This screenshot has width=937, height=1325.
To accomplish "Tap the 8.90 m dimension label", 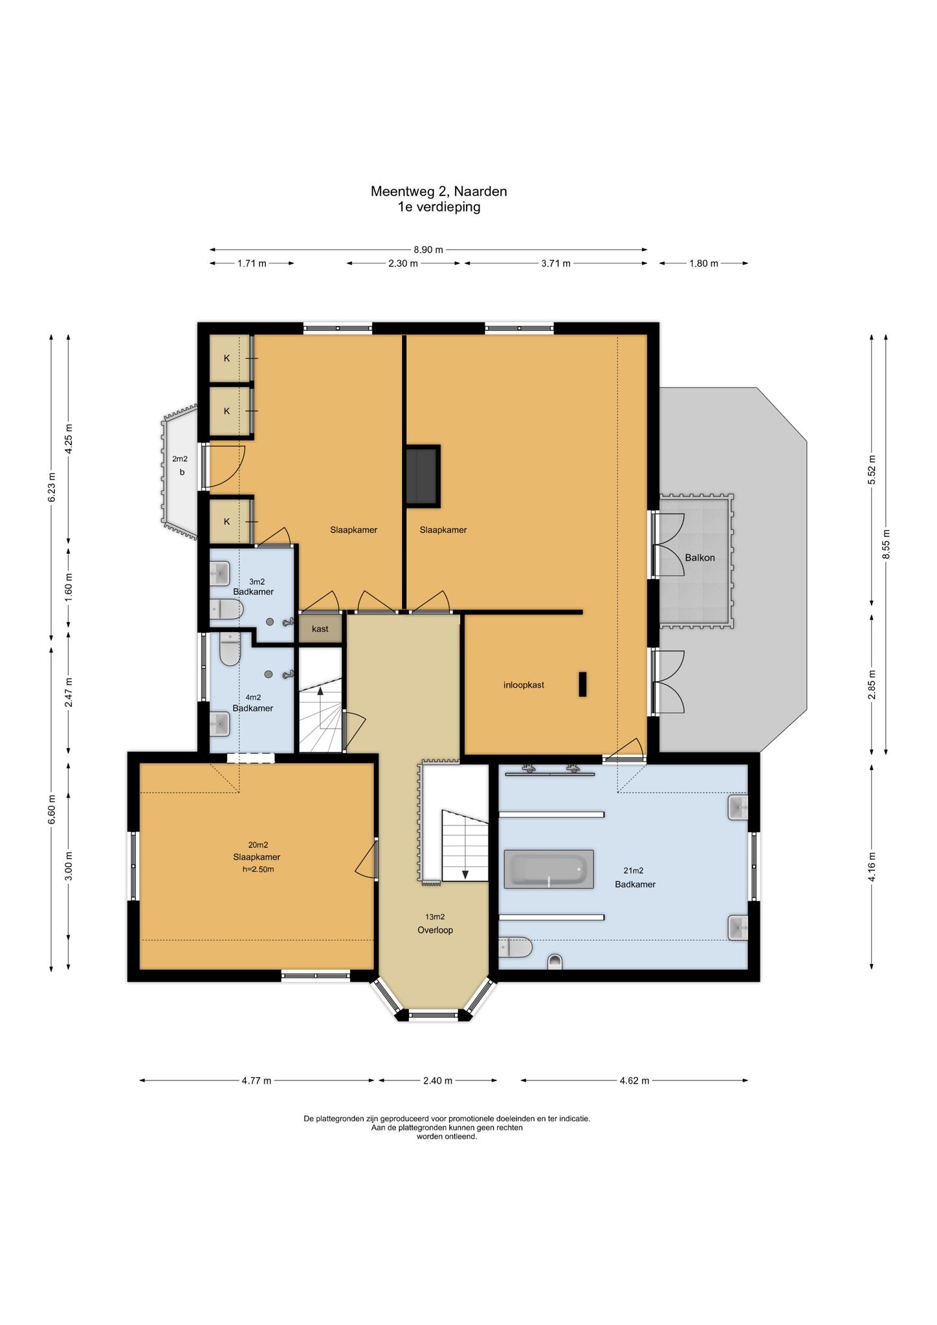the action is coord(428,250).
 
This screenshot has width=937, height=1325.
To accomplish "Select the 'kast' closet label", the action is coord(320,629).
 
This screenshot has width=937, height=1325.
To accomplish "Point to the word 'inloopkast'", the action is coord(524,684).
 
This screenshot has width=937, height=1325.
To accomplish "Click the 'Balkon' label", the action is coord(700,558).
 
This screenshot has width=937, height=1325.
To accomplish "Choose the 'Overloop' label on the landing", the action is coord(435,930).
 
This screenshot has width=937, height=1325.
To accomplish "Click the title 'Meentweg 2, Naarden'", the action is coord(439,192).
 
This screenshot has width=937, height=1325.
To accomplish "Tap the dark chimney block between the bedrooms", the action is coord(422,476).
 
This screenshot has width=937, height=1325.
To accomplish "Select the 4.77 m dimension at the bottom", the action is coord(256,1080).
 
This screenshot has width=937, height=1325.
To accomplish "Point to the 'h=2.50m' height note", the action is coord(258,870).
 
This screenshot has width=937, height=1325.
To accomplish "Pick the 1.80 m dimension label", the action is coord(703,263).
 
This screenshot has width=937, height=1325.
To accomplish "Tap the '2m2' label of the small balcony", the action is coord(180,459).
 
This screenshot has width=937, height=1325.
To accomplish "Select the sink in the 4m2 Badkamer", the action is coord(220,724).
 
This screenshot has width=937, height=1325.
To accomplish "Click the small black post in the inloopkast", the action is coord(582,684).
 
